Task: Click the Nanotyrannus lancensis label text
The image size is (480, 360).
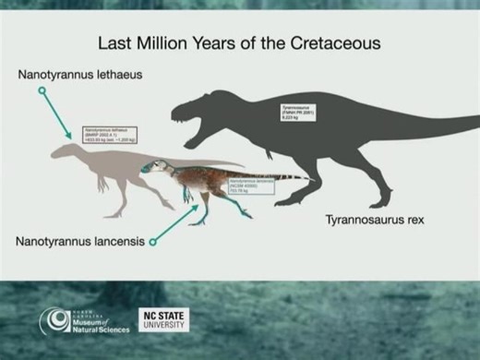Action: coord(79,241)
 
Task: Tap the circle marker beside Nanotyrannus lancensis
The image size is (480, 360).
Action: coord(152,242)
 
